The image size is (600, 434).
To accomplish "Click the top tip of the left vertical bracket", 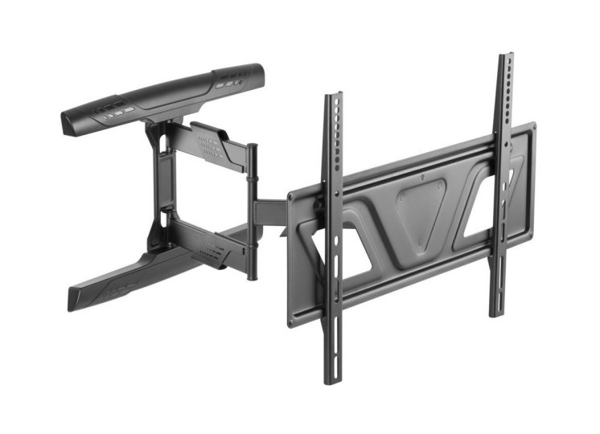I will click(333, 96).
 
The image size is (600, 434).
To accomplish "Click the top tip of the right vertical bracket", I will click(504, 56).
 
